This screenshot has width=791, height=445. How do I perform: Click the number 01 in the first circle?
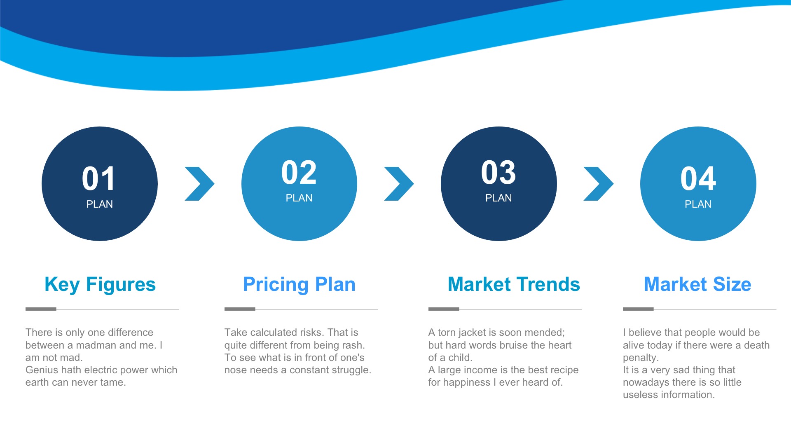(x=99, y=179)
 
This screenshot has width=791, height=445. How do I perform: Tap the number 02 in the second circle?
(x=299, y=173)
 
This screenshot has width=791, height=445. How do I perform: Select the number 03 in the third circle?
(x=498, y=173)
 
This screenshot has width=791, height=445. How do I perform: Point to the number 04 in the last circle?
(x=698, y=179)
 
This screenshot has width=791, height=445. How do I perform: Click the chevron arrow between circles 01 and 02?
(x=200, y=184)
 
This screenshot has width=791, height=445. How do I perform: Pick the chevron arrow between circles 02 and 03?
(x=399, y=184)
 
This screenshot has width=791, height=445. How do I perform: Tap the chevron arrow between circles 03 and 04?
(x=599, y=184)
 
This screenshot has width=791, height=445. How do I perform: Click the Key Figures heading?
(x=100, y=284)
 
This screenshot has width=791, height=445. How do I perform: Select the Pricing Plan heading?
(x=299, y=284)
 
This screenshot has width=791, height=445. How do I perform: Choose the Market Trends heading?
(x=514, y=284)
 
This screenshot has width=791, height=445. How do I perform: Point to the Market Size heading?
(x=697, y=284)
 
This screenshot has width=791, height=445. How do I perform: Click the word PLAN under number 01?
(x=99, y=204)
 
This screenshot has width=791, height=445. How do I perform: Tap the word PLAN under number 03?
(x=498, y=198)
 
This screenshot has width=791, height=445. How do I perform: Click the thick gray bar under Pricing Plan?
(x=240, y=309)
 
